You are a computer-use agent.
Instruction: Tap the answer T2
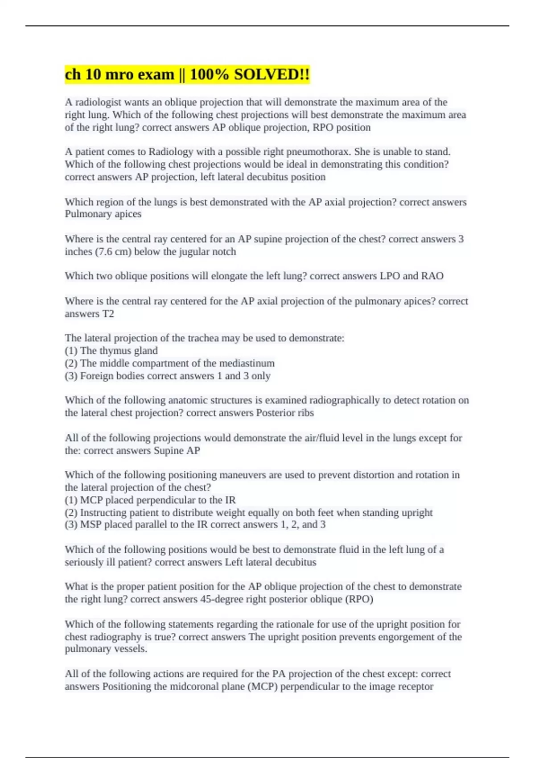[108, 313]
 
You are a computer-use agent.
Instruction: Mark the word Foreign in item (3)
[96, 376]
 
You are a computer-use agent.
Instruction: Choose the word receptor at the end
[416, 686]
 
